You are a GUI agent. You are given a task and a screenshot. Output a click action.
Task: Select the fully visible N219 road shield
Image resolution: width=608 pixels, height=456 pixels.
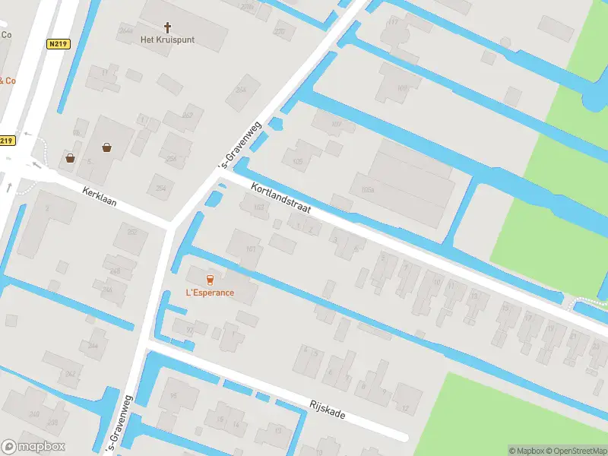(x=58, y=44)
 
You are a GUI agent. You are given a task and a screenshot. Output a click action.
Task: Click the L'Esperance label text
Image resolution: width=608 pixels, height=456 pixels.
(x=211, y=293)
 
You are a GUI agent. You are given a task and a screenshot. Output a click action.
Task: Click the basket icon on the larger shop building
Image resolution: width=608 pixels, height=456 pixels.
(x=106, y=147)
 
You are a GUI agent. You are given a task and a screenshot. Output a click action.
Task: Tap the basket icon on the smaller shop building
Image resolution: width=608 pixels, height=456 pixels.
(x=71, y=158)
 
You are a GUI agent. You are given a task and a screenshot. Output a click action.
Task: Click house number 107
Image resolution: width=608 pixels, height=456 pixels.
(x=338, y=124)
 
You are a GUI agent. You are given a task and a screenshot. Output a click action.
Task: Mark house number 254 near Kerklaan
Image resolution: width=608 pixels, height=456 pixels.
(x=161, y=188)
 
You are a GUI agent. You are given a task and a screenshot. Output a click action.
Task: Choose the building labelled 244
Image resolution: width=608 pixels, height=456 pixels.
(x=93, y=345)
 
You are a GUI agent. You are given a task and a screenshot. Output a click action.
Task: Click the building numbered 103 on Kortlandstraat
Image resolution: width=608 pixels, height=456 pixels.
(x=259, y=207)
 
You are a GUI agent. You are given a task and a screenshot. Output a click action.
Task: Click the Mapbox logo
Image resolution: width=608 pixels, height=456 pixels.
(x=33, y=447)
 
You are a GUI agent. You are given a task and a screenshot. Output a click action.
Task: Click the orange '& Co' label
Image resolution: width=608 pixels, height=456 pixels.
(x=7, y=80)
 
